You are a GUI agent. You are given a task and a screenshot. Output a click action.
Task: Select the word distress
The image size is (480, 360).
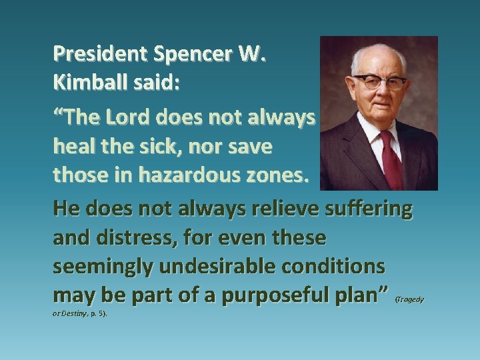tap(147, 237)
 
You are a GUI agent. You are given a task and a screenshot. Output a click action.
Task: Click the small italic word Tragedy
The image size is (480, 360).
tap(410, 300)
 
